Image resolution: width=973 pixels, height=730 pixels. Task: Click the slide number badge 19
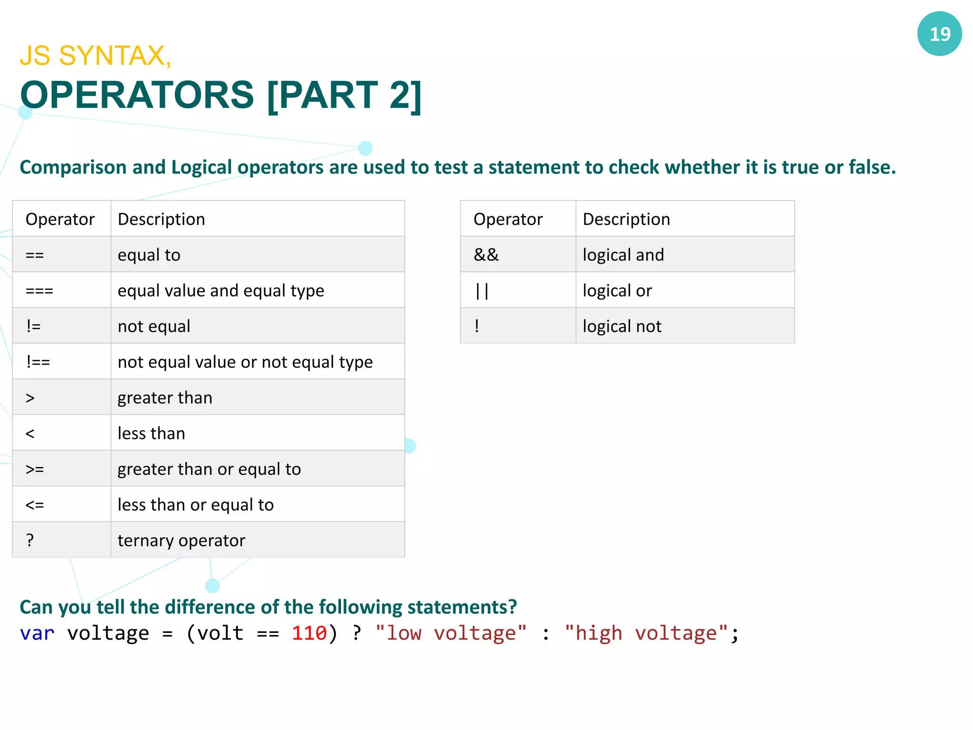(939, 34)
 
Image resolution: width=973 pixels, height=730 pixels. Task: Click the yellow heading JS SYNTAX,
(95, 56)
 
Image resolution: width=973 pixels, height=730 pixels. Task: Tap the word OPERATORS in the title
(137, 95)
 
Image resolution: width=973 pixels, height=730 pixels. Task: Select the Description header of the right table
(626, 219)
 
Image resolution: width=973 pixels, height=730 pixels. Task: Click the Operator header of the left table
(60, 219)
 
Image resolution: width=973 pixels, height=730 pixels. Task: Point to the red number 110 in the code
(309, 634)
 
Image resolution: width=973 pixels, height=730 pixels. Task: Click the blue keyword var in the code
(37, 634)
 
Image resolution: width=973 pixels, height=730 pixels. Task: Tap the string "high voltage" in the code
(646, 634)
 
